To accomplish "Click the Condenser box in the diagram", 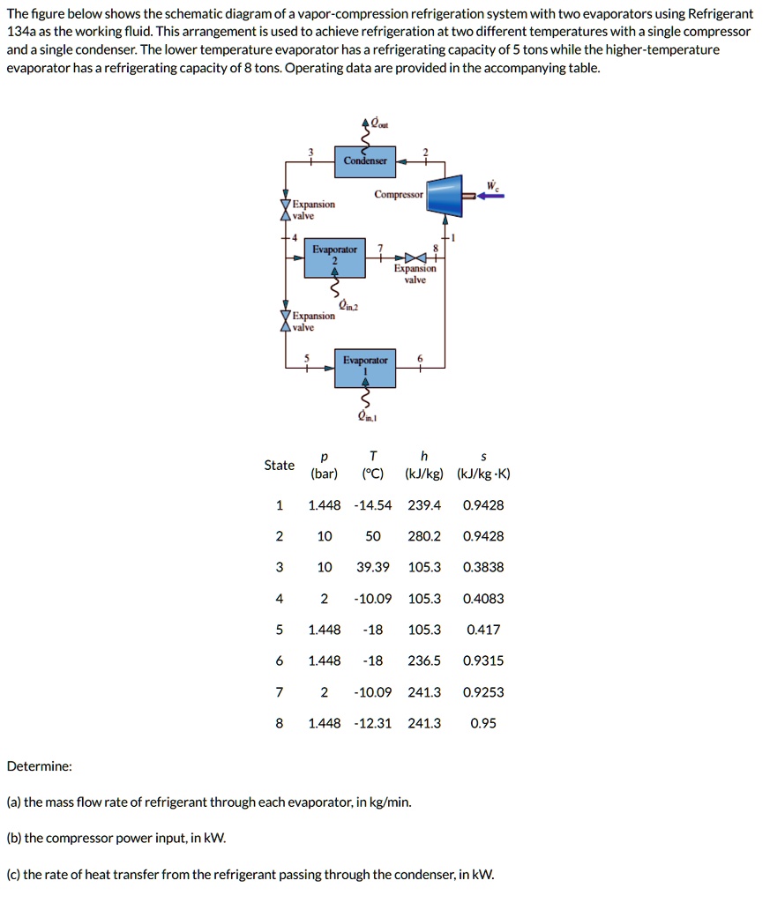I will point(365,160).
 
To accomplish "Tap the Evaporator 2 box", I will point(334,257).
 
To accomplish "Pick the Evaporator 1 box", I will point(365,365).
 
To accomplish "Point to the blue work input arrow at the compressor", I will point(492,196).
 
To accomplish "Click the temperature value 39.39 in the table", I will point(373,567).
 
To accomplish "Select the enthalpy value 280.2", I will point(424,536).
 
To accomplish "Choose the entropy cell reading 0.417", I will point(483,630).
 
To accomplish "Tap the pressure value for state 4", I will point(324,599).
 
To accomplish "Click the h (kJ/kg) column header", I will point(424,465).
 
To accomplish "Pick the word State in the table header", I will point(280,465).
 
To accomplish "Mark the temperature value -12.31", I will point(373,723).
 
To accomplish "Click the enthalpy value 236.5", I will point(424,660).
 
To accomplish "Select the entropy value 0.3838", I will point(483,567).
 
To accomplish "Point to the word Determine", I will point(40,766).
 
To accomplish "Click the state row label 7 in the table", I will point(280,692).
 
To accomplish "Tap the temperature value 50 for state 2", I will point(373,536).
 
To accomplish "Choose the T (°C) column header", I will point(373,465).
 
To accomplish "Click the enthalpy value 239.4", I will point(424,505).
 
